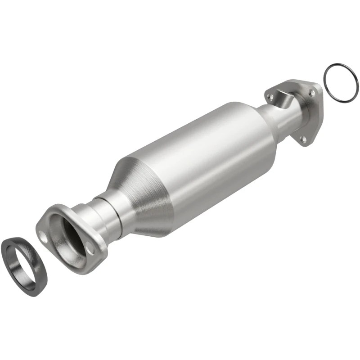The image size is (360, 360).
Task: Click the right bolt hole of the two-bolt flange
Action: (x=90, y=248)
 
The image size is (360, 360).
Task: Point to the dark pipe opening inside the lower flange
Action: (x=72, y=234)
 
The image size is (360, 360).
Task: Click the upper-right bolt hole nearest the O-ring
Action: (x=310, y=92)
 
